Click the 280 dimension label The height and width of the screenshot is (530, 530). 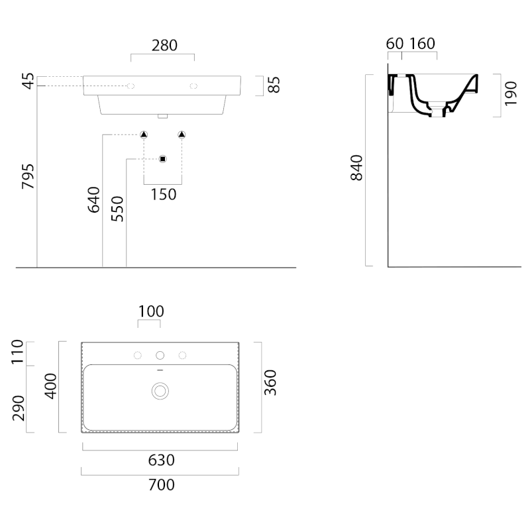[x=164, y=45]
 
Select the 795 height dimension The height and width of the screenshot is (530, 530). [x=28, y=176]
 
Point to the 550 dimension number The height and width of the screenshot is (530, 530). [x=117, y=209]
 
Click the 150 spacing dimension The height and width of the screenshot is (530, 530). [x=163, y=194]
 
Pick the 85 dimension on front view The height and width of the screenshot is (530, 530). [x=274, y=85]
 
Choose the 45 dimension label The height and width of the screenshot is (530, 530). [x=28, y=81]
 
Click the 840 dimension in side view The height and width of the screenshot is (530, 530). [x=356, y=168]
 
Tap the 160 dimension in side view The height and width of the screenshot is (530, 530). [x=422, y=44]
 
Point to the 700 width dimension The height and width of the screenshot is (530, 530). [x=161, y=485]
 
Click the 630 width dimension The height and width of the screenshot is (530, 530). [x=161, y=460]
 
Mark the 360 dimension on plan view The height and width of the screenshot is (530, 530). [x=270, y=383]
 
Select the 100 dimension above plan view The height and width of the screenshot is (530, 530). [x=150, y=311]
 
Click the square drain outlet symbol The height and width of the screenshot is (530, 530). [x=163, y=159]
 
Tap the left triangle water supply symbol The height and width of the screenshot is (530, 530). [x=144, y=135]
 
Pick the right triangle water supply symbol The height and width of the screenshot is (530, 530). [x=182, y=135]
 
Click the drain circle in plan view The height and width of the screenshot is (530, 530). [x=160, y=390]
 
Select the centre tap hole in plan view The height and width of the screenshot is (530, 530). [x=160, y=356]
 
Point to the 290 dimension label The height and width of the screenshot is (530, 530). [x=18, y=407]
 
